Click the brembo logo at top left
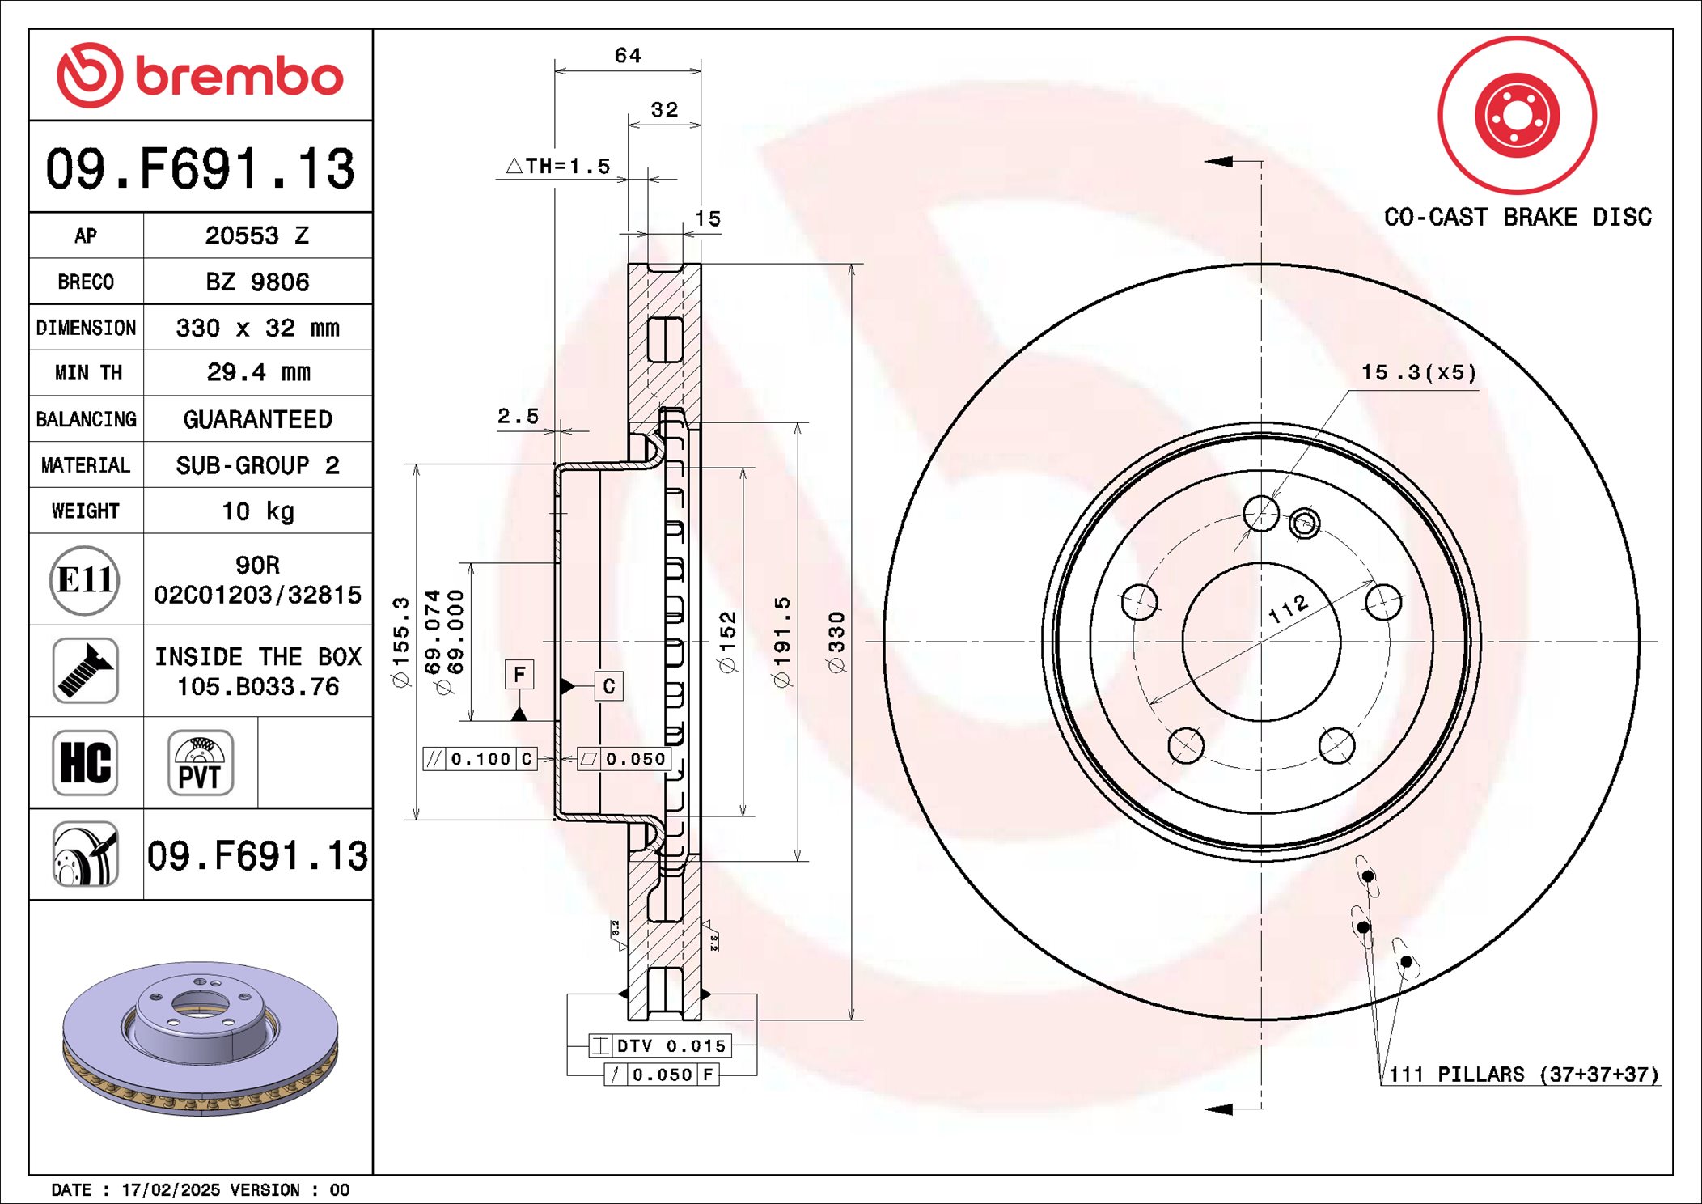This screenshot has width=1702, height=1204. tap(200, 75)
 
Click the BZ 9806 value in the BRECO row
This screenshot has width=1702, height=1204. tap(257, 282)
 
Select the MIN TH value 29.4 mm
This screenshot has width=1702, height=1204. tap(257, 373)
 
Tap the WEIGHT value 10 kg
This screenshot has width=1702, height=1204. tap(257, 511)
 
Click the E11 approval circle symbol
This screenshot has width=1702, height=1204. tap(85, 579)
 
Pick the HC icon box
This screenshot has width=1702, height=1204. tap(85, 762)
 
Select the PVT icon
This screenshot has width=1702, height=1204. tap(200, 762)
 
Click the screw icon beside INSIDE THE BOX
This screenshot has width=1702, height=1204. tap(85, 671)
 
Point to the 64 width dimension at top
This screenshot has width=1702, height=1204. tap(628, 56)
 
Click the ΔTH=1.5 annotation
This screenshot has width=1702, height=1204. tap(558, 167)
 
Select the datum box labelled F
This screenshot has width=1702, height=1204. tap(519, 674)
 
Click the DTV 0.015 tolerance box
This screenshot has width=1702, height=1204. tap(660, 1045)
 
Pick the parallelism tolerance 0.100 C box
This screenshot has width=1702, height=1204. tap(481, 759)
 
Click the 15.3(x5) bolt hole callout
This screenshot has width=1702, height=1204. tap(1419, 373)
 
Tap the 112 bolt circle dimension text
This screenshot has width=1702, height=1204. tap(1288, 608)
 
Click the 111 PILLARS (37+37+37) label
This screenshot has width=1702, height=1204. tap(1523, 1075)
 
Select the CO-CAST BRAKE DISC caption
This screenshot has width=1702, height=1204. tap(1518, 218)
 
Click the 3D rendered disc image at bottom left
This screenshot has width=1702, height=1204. tap(200, 1037)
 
